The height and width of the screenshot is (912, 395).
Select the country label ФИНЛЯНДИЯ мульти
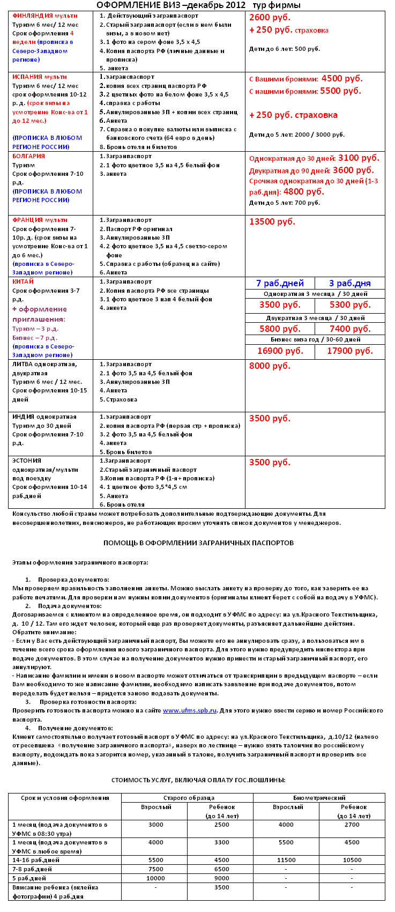pos(44,16)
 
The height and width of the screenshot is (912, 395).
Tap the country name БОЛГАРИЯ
pos(29,156)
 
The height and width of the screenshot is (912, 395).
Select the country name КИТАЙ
pos(23,281)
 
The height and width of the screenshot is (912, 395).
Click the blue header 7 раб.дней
pos(280,283)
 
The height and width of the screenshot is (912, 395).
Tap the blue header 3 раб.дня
pos(349,283)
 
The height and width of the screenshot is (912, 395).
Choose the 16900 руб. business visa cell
pos(280,351)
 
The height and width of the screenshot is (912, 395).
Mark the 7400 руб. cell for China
pos(350,329)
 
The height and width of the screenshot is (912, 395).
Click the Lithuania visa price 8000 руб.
pos(270,366)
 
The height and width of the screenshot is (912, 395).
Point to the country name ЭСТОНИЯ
pos(27,461)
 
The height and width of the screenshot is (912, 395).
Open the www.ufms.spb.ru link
pos(189,710)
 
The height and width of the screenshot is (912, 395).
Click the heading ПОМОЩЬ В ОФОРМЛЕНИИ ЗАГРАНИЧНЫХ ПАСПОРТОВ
pos(198,543)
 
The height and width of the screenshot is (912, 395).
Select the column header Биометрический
pos(319,798)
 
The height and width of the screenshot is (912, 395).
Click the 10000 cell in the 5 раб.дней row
pos(155,878)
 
